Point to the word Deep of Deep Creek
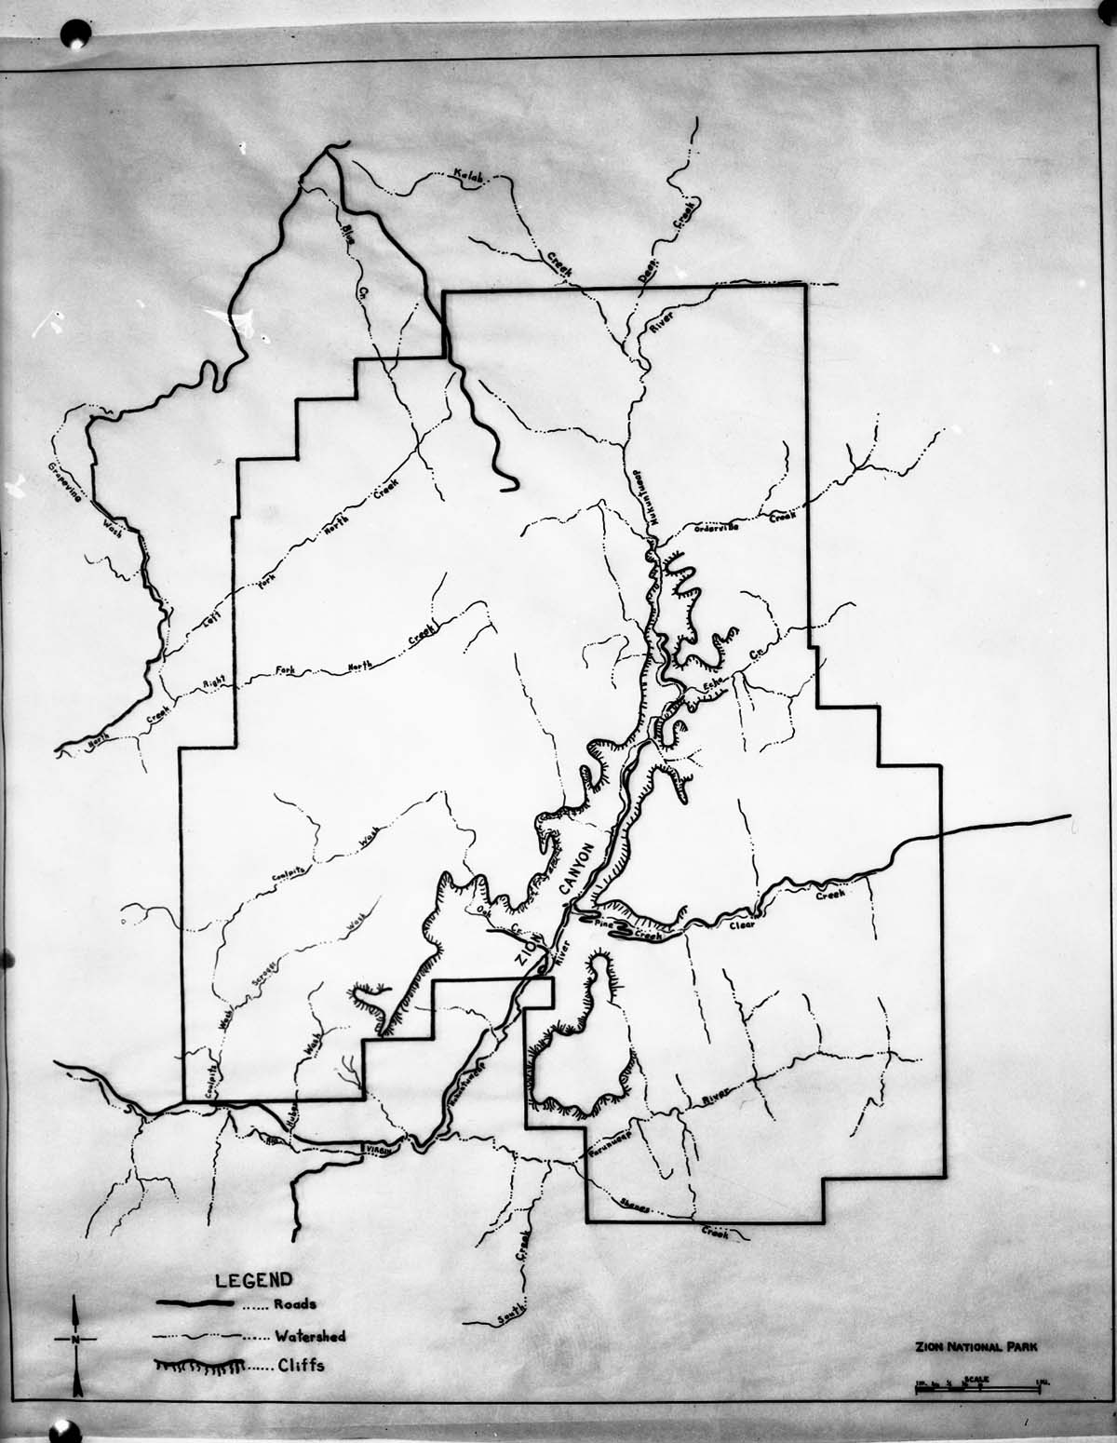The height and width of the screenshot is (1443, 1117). click(x=646, y=269)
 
